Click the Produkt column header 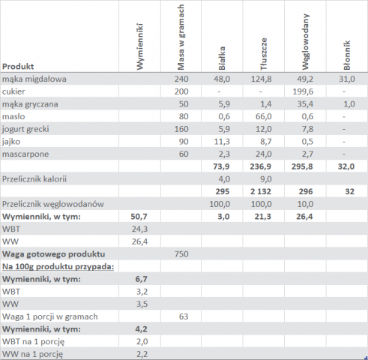click(18, 67)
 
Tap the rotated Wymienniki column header click(139, 46)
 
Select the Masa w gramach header click(181, 37)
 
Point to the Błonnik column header click(347, 55)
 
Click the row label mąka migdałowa click(34, 79)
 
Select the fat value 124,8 click(262, 79)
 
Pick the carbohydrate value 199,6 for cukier click(303, 91)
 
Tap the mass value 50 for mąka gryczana click(184, 104)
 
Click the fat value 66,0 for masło click(264, 116)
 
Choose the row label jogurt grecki click(25, 129)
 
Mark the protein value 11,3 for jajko click(222, 142)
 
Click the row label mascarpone click(25, 154)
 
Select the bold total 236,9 click(261, 166)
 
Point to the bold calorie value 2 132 click(261, 191)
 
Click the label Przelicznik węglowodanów click(53, 204)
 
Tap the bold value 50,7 click(139, 217)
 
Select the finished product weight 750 click(181, 254)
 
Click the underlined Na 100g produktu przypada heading click(58, 267)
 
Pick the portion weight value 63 click(184, 316)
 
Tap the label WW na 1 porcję click(32, 354)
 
